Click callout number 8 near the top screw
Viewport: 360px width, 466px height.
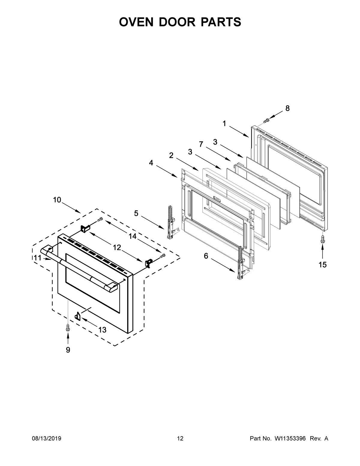287,109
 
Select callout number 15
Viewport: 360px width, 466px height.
322,265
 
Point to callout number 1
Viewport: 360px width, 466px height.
224,124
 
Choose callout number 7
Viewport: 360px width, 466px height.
201,144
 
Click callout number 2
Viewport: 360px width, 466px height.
171,155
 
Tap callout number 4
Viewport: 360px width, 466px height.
151,163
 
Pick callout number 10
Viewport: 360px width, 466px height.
57,200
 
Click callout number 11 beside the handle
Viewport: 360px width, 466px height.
37,258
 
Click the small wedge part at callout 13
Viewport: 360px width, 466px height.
78,316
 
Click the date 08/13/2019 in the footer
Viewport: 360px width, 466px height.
46,439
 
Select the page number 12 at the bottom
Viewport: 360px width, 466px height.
180,439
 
